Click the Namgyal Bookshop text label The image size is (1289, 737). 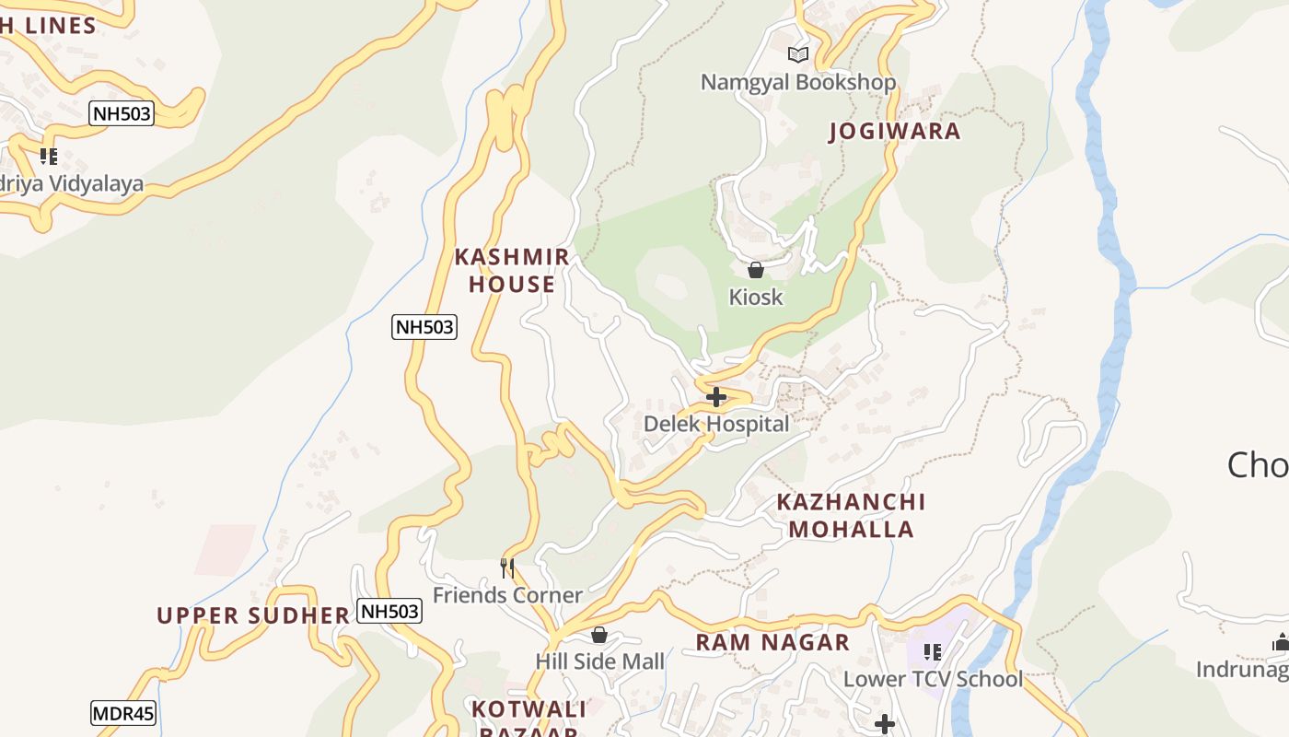point(797,82)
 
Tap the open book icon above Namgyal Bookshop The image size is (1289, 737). point(798,54)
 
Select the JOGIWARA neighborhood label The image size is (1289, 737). point(894,131)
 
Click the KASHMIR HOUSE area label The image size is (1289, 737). point(512,270)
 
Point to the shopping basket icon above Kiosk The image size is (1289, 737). point(755,270)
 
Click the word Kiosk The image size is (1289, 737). point(755,297)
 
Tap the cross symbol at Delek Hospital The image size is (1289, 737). point(716,397)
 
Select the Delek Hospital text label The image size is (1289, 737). point(716,424)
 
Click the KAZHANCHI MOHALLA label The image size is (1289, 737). point(851,515)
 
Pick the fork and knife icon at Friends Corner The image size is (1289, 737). point(506,567)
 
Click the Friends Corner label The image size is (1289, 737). point(507,595)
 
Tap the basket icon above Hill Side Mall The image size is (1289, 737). point(599,635)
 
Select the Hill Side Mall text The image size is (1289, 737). point(599,661)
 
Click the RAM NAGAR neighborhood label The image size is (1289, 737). point(772,642)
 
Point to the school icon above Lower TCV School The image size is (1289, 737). point(932,652)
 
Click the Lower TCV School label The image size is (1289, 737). point(933,679)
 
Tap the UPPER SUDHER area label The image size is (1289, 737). point(253,615)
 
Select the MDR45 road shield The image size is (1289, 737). point(123,712)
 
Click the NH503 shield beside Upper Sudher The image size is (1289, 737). point(389,611)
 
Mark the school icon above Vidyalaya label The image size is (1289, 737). point(49,157)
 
